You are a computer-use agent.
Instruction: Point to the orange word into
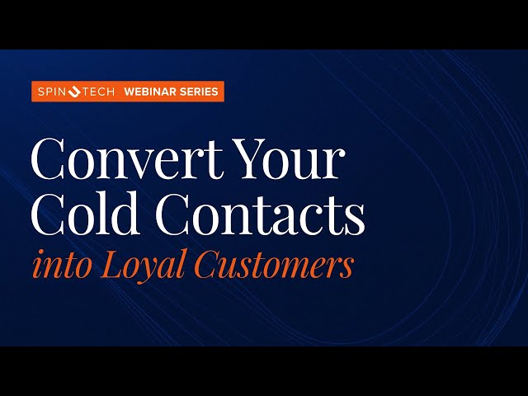pos(57,266)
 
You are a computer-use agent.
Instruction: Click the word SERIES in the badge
pos(200,92)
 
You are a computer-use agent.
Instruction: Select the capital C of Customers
pos(205,266)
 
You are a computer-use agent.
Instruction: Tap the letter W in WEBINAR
pos(130,92)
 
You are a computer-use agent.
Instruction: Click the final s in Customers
pos(346,268)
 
